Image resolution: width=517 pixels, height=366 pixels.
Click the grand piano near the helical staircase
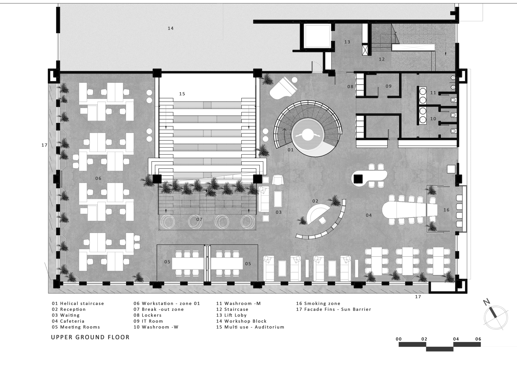click(x=283, y=88)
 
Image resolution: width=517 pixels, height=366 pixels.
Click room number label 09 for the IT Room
click(x=389, y=86)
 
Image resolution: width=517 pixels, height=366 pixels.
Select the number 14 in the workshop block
click(x=171, y=28)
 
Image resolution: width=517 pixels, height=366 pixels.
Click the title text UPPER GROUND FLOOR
click(x=90, y=337)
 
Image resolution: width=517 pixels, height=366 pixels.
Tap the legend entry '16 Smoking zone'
click(x=318, y=303)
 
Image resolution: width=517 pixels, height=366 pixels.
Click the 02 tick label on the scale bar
click(x=424, y=339)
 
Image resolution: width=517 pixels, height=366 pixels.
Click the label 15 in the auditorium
click(x=182, y=94)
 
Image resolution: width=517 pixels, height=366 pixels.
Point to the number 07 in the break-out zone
click(x=199, y=219)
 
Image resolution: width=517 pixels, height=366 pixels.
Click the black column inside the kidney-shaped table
click(x=358, y=179)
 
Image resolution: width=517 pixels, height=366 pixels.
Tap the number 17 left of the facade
click(x=44, y=145)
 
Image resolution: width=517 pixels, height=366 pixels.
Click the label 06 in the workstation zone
click(x=98, y=178)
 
